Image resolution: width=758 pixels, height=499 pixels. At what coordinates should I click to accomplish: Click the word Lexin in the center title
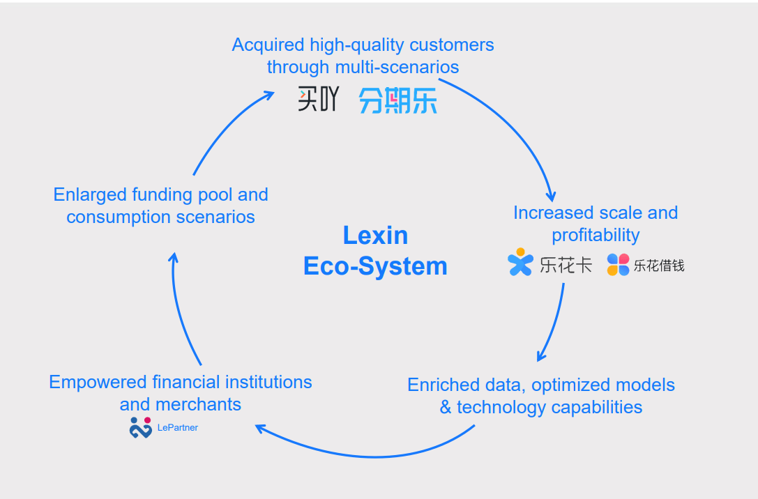tap(375, 236)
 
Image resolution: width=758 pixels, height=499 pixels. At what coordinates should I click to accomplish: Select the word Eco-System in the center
tap(375, 266)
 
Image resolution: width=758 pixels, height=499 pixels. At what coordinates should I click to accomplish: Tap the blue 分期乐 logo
tap(397, 101)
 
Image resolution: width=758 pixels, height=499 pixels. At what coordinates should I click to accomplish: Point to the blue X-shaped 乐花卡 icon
tap(520, 263)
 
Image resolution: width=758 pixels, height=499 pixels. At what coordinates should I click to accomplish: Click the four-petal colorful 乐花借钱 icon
tap(618, 265)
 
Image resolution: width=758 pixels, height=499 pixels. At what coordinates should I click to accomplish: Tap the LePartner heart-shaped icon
tap(140, 427)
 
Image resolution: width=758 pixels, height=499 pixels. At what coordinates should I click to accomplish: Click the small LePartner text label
tap(177, 428)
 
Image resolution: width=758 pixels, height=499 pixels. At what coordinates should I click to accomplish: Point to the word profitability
tap(596, 235)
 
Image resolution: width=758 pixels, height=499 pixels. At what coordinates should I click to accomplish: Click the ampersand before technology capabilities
tap(446, 407)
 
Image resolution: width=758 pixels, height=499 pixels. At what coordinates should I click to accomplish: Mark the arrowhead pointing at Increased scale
tap(551, 196)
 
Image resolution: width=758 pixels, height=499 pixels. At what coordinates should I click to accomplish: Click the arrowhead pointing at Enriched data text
tap(541, 356)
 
